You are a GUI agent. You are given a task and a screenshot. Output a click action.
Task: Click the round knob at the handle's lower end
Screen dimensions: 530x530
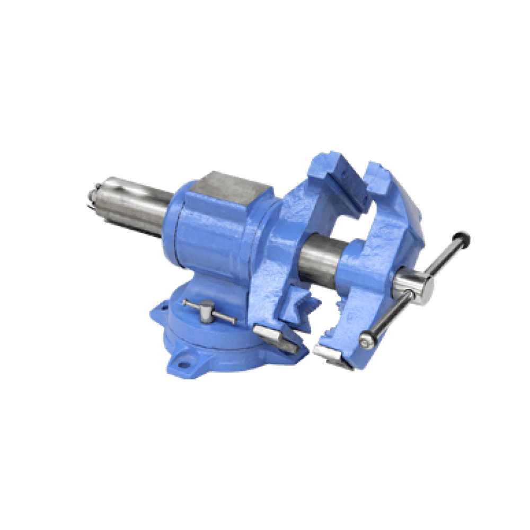(366, 341)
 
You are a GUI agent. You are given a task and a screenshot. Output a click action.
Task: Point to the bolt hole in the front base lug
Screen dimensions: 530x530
(183, 364)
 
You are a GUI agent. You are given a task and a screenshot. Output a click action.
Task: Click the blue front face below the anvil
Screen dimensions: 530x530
(207, 233)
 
